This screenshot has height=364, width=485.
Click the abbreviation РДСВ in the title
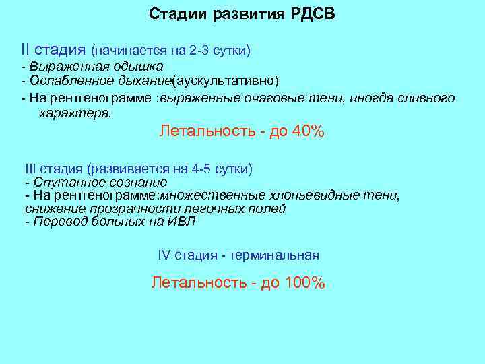click(311, 14)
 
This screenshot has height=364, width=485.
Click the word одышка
click(138, 67)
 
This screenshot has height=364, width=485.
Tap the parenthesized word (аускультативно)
click(225, 82)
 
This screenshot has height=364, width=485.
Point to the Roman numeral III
click(31, 169)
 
